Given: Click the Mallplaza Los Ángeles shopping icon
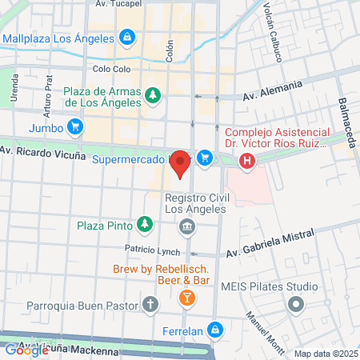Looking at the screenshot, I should [x=126, y=37].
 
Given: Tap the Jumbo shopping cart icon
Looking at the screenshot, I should [x=75, y=126].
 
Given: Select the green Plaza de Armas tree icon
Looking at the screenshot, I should [x=152, y=96].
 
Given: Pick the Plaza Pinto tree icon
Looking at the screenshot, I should [x=144, y=224].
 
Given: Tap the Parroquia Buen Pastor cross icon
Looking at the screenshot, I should [x=150, y=303].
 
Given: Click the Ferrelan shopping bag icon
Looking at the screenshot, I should [x=214, y=329].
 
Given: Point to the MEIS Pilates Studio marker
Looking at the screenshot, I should [x=297, y=304].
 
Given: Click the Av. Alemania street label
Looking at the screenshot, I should [x=273, y=90].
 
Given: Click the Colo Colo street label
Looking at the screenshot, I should [x=111, y=69].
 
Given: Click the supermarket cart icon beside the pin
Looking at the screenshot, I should [x=206, y=158].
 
